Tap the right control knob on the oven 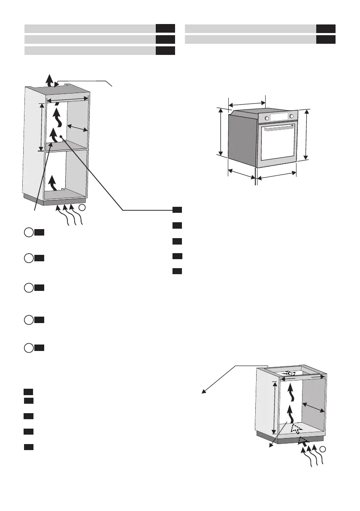[292, 116]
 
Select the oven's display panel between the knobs [280, 117]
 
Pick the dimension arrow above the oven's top [247, 103]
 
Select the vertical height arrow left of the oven [221, 132]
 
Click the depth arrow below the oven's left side [242, 174]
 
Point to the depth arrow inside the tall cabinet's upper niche [79, 127]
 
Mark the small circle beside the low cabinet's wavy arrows [325, 449]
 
